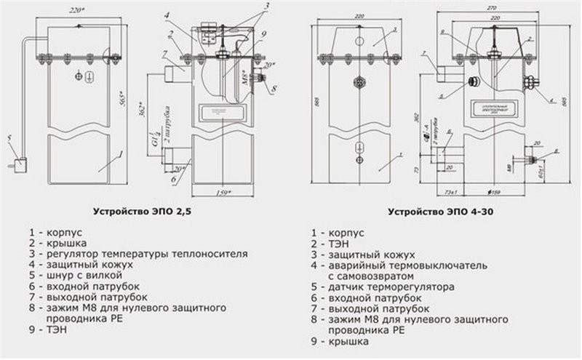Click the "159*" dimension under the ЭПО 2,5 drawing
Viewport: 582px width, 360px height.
[223, 193]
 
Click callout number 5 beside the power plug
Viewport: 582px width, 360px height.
[9, 136]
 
